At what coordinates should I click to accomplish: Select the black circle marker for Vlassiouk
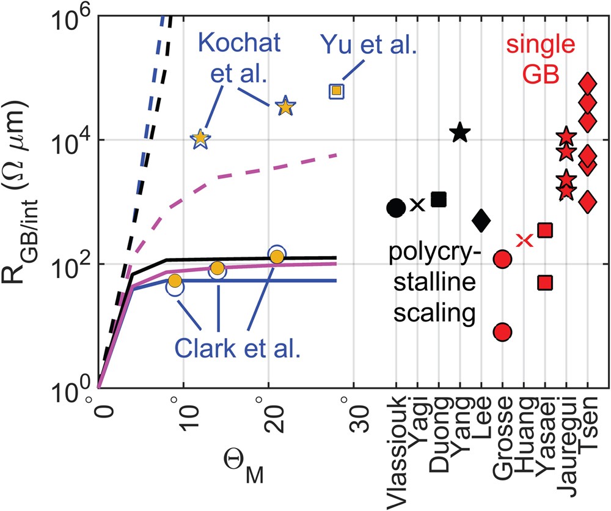pyautogui.click(x=396, y=208)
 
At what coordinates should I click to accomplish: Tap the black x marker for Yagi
pyautogui.click(x=417, y=205)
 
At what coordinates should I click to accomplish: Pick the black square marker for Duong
pyautogui.click(x=439, y=199)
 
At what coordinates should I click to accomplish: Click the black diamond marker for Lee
pyautogui.click(x=481, y=219)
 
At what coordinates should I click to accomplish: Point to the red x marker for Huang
pyautogui.click(x=524, y=240)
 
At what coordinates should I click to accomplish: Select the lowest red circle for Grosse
pyautogui.click(x=502, y=332)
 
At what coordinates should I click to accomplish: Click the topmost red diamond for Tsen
pyautogui.click(x=588, y=83)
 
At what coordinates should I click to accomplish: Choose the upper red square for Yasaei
pyautogui.click(x=545, y=230)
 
